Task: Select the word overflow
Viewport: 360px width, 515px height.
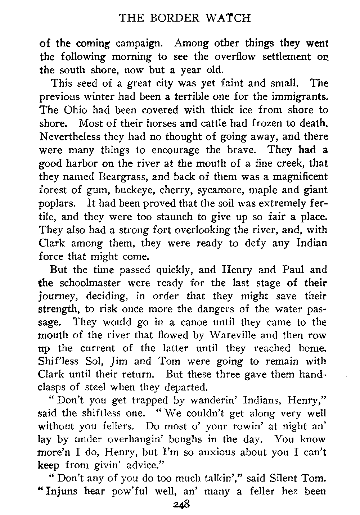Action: pyautogui.click(x=236, y=57)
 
